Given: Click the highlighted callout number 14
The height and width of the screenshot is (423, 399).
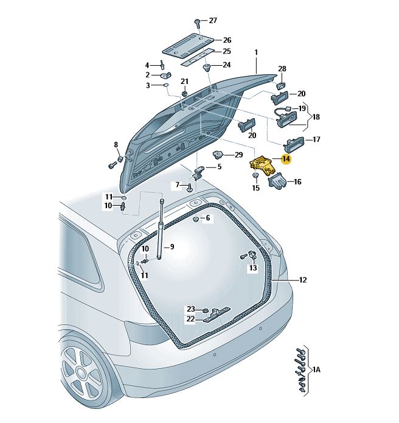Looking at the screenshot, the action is (286, 159).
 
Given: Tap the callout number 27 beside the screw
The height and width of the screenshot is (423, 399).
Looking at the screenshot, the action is (213, 21).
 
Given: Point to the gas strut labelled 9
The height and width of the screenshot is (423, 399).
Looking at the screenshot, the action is (161, 229).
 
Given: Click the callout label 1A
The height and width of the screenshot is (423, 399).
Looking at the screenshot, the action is (316, 369).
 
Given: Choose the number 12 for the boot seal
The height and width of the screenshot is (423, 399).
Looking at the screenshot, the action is (303, 280).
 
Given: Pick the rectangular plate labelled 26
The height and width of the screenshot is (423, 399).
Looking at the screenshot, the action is (189, 45).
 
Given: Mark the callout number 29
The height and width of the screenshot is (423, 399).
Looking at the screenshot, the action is (238, 155).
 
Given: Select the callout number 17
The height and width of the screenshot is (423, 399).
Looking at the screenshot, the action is (316, 139).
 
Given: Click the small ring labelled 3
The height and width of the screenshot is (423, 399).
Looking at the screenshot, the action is (166, 86).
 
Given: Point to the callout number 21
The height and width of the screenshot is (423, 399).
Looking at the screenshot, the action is (184, 82).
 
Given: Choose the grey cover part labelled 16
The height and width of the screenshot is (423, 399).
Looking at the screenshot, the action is (277, 181).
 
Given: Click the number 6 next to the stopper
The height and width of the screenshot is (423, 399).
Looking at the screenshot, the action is (207, 218).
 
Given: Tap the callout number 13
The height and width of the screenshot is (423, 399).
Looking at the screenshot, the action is (253, 268).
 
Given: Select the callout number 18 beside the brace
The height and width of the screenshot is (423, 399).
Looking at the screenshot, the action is (316, 117).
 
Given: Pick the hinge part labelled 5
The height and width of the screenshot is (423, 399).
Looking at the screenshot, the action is (198, 173).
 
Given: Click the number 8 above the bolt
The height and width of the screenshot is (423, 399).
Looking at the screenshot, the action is (116, 145).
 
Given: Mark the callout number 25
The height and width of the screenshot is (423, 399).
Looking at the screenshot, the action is (227, 51).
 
